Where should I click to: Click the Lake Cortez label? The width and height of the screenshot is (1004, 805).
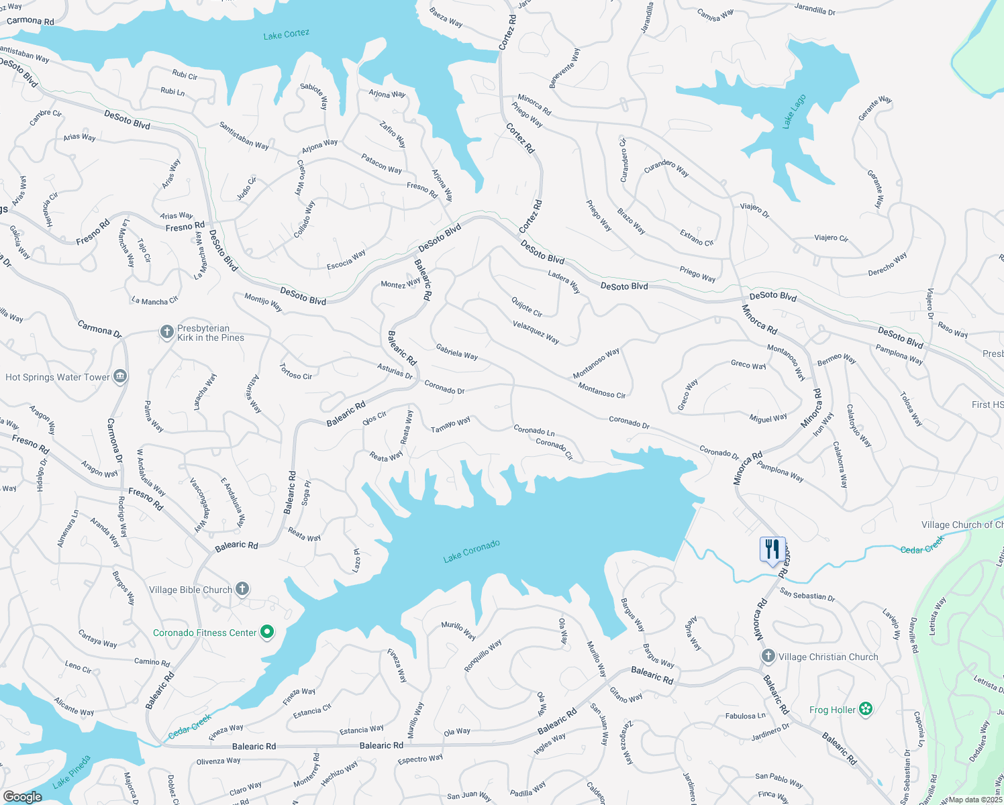coord(287,34)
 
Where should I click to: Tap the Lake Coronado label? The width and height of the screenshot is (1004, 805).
coord(471,551)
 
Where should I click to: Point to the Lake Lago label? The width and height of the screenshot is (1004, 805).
coord(794,111)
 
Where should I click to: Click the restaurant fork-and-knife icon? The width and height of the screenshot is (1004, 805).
coord(772,549)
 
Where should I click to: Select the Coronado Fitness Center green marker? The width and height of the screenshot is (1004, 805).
coord(267,632)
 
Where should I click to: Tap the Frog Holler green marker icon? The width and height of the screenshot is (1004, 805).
coord(866,709)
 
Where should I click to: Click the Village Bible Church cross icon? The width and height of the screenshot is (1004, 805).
coord(242,589)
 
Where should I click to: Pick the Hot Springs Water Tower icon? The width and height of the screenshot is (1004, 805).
coord(120,376)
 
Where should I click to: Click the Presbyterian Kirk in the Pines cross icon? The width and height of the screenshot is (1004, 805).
coord(167,332)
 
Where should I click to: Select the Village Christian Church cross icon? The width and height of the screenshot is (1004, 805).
coord(768,656)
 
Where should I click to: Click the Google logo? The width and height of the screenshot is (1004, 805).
coord(22,797)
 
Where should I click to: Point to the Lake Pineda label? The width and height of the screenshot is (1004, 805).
coord(71,772)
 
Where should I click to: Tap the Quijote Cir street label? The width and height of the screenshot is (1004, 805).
coord(527,307)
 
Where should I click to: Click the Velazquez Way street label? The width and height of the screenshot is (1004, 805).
coord(536,331)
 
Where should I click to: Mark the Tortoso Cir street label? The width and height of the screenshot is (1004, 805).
coord(296,372)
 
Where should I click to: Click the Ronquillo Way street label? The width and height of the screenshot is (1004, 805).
coord(483,655)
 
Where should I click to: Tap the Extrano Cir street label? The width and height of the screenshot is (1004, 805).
coord(697,237)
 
